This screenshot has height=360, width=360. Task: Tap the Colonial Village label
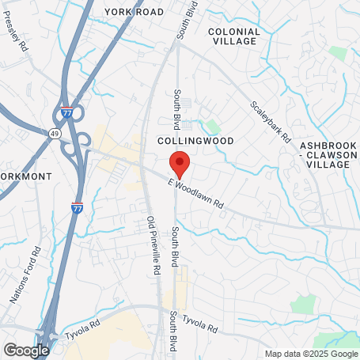coord(233,36)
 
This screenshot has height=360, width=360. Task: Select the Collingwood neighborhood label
coord(195,140)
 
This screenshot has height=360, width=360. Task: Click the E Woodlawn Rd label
coord(196,194)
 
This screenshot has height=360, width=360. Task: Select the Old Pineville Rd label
coord(154,245)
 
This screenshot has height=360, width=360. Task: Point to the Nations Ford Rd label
coord(25,276)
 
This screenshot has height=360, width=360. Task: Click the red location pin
coord(180,162)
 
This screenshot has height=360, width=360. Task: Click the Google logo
coord(26,350)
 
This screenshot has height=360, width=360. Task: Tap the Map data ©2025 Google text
coord(311,354)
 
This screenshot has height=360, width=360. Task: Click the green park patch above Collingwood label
coord(212,125)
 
